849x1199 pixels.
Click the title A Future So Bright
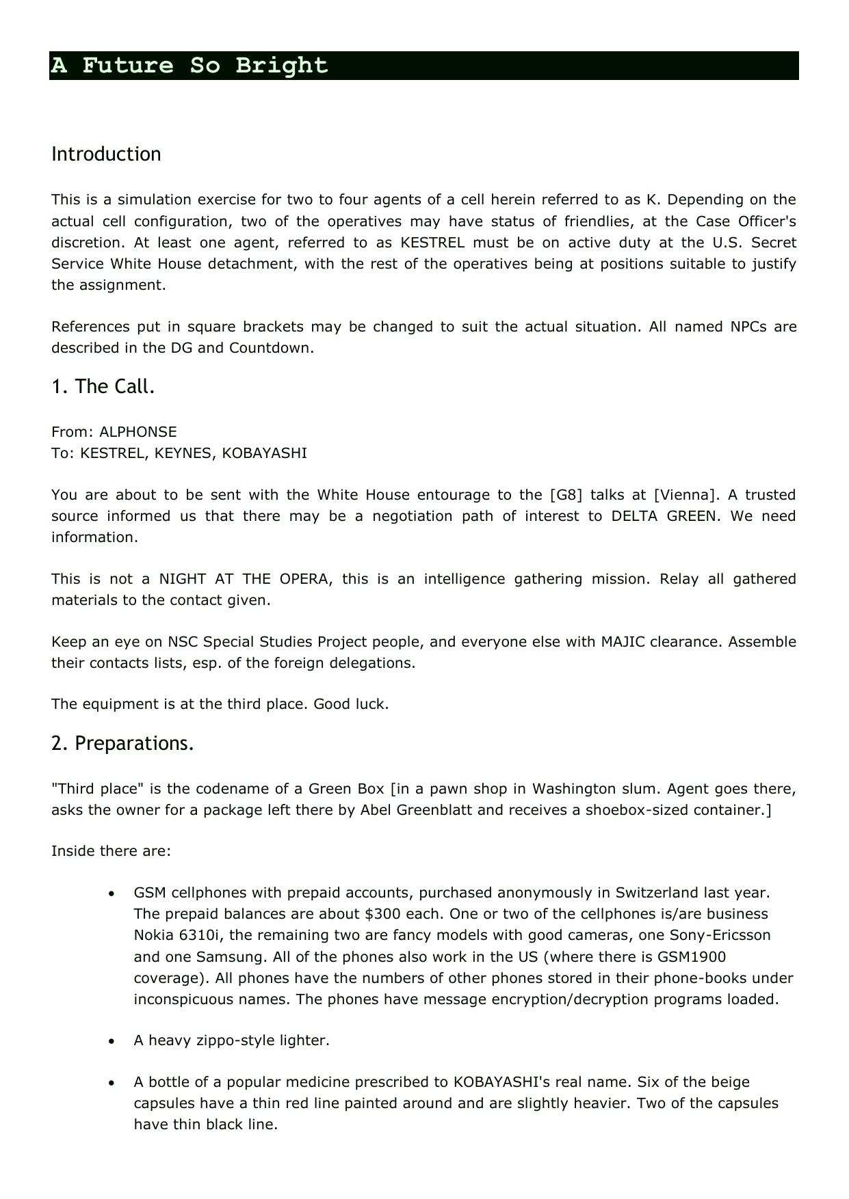[x=190, y=66]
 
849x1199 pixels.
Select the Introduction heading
[x=106, y=154]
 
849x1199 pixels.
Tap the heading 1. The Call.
[x=103, y=386]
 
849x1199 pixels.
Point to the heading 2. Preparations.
[x=122, y=743]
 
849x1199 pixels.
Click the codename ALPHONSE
[x=138, y=432]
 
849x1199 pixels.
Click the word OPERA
[x=305, y=579]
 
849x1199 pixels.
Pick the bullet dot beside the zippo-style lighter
[x=112, y=1041]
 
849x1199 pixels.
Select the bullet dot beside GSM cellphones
[x=112, y=893]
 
